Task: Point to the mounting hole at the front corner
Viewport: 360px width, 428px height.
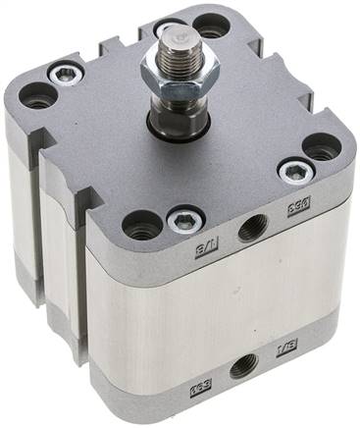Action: [x=142, y=229]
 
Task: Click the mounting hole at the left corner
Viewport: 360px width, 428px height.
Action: [x=38, y=94]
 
